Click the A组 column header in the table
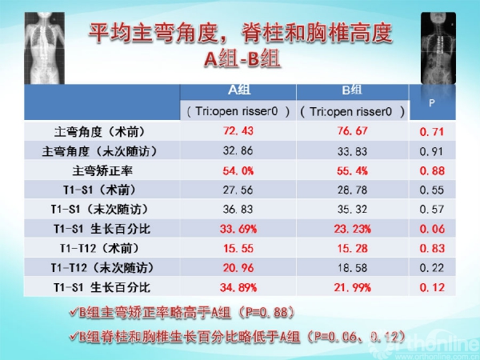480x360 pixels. pyautogui.click(x=239, y=90)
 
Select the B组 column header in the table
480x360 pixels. pyautogui.click(x=352, y=90)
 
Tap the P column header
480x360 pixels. pyautogui.click(x=432, y=103)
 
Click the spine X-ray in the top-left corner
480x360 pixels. pyautogui.click(x=44, y=48)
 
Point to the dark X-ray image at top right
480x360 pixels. pyautogui.click(x=438, y=48)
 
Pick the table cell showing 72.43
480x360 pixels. pyautogui.click(x=238, y=131)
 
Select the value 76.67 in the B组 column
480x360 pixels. pyautogui.click(x=352, y=131)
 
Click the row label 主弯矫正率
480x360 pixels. pyautogui.click(x=102, y=170)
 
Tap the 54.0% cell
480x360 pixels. pyautogui.click(x=238, y=170)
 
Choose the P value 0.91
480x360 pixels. pyautogui.click(x=432, y=151)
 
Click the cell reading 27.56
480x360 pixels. pyautogui.click(x=238, y=190)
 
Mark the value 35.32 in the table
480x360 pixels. pyautogui.click(x=352, y=209)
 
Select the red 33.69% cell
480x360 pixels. pyautogui.click(x=238, y=229)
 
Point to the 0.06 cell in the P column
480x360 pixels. pyautogui.click(x=432, y=229)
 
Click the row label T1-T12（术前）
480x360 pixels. pyautogui.click(x=99, y=248)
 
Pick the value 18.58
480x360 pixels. pyautogui.click(x=352, y=268)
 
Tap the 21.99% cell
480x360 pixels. pyautogui.click(x=352, y=287)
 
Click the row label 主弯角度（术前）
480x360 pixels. pyautogui.click(x=100, y=132)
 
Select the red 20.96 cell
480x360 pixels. pyautogui.click(x=238, y=268)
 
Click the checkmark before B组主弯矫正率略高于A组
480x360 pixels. pyautogui.click(x=74, y=312)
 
